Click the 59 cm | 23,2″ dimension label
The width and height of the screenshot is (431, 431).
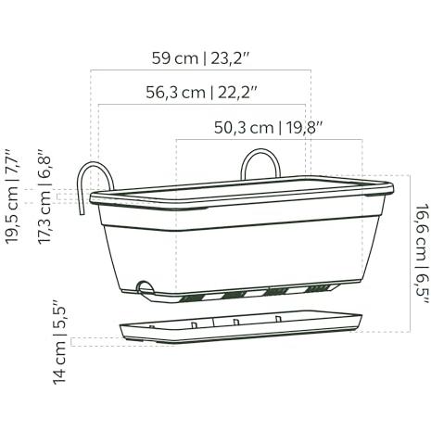(200, 58)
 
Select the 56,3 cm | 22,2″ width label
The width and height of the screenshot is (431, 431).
(201, 93)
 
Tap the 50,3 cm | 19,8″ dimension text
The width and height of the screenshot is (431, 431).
(268, 128)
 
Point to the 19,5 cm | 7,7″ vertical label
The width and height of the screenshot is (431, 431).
(12, 196)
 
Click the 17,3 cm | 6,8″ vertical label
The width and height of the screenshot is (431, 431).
(44, 196)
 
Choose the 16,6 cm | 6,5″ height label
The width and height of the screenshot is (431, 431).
(423, 253)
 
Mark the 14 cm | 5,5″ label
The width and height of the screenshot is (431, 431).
(60, 342)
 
